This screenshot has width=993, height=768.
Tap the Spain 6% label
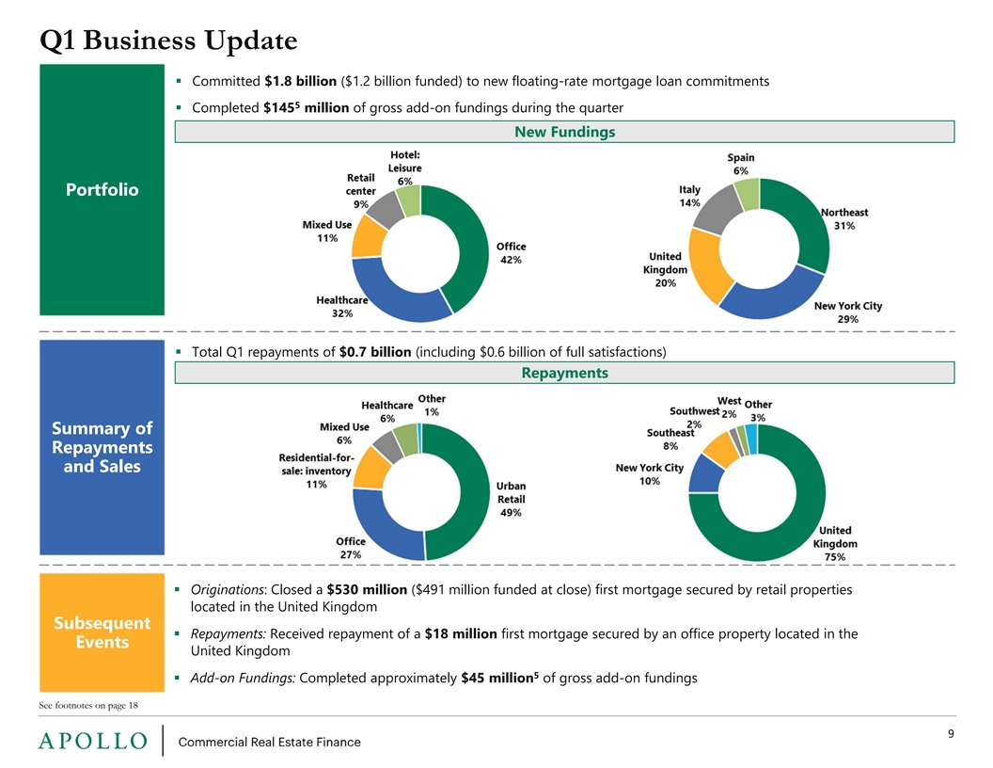pyautogui.click(x=740, y=164)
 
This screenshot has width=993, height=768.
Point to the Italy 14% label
pyautogui.click(x=689, y=196)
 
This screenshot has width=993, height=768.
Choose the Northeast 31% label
pyautogui.click(x=844, y=218)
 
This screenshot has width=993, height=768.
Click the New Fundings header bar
pyautogui.click(x=564, y=132)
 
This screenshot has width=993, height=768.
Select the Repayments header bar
pyautogui.click(x=564, y=373)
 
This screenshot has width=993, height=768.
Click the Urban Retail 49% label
pyautogui.click(x=511, y=499)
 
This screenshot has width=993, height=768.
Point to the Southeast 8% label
pyautogui.click(x=670, y=440)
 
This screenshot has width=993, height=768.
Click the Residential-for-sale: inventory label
pyautogui.click(x=316, y=471)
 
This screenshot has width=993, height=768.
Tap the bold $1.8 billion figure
pyautogui.click(x=300, y=81)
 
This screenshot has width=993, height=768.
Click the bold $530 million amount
pyautogui.click(x=367, y=589)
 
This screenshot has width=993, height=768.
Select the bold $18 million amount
pyautogui.click(x=461, y=633)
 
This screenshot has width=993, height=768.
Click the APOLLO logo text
pyautogui.click(x=93, y=741)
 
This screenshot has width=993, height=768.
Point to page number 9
pyautogui.click(x=951, y=734)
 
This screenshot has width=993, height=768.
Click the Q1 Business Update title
pyautogui.click(x=168, y=40)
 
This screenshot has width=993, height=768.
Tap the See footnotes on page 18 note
pyautogui.click(x=88, y=705)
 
